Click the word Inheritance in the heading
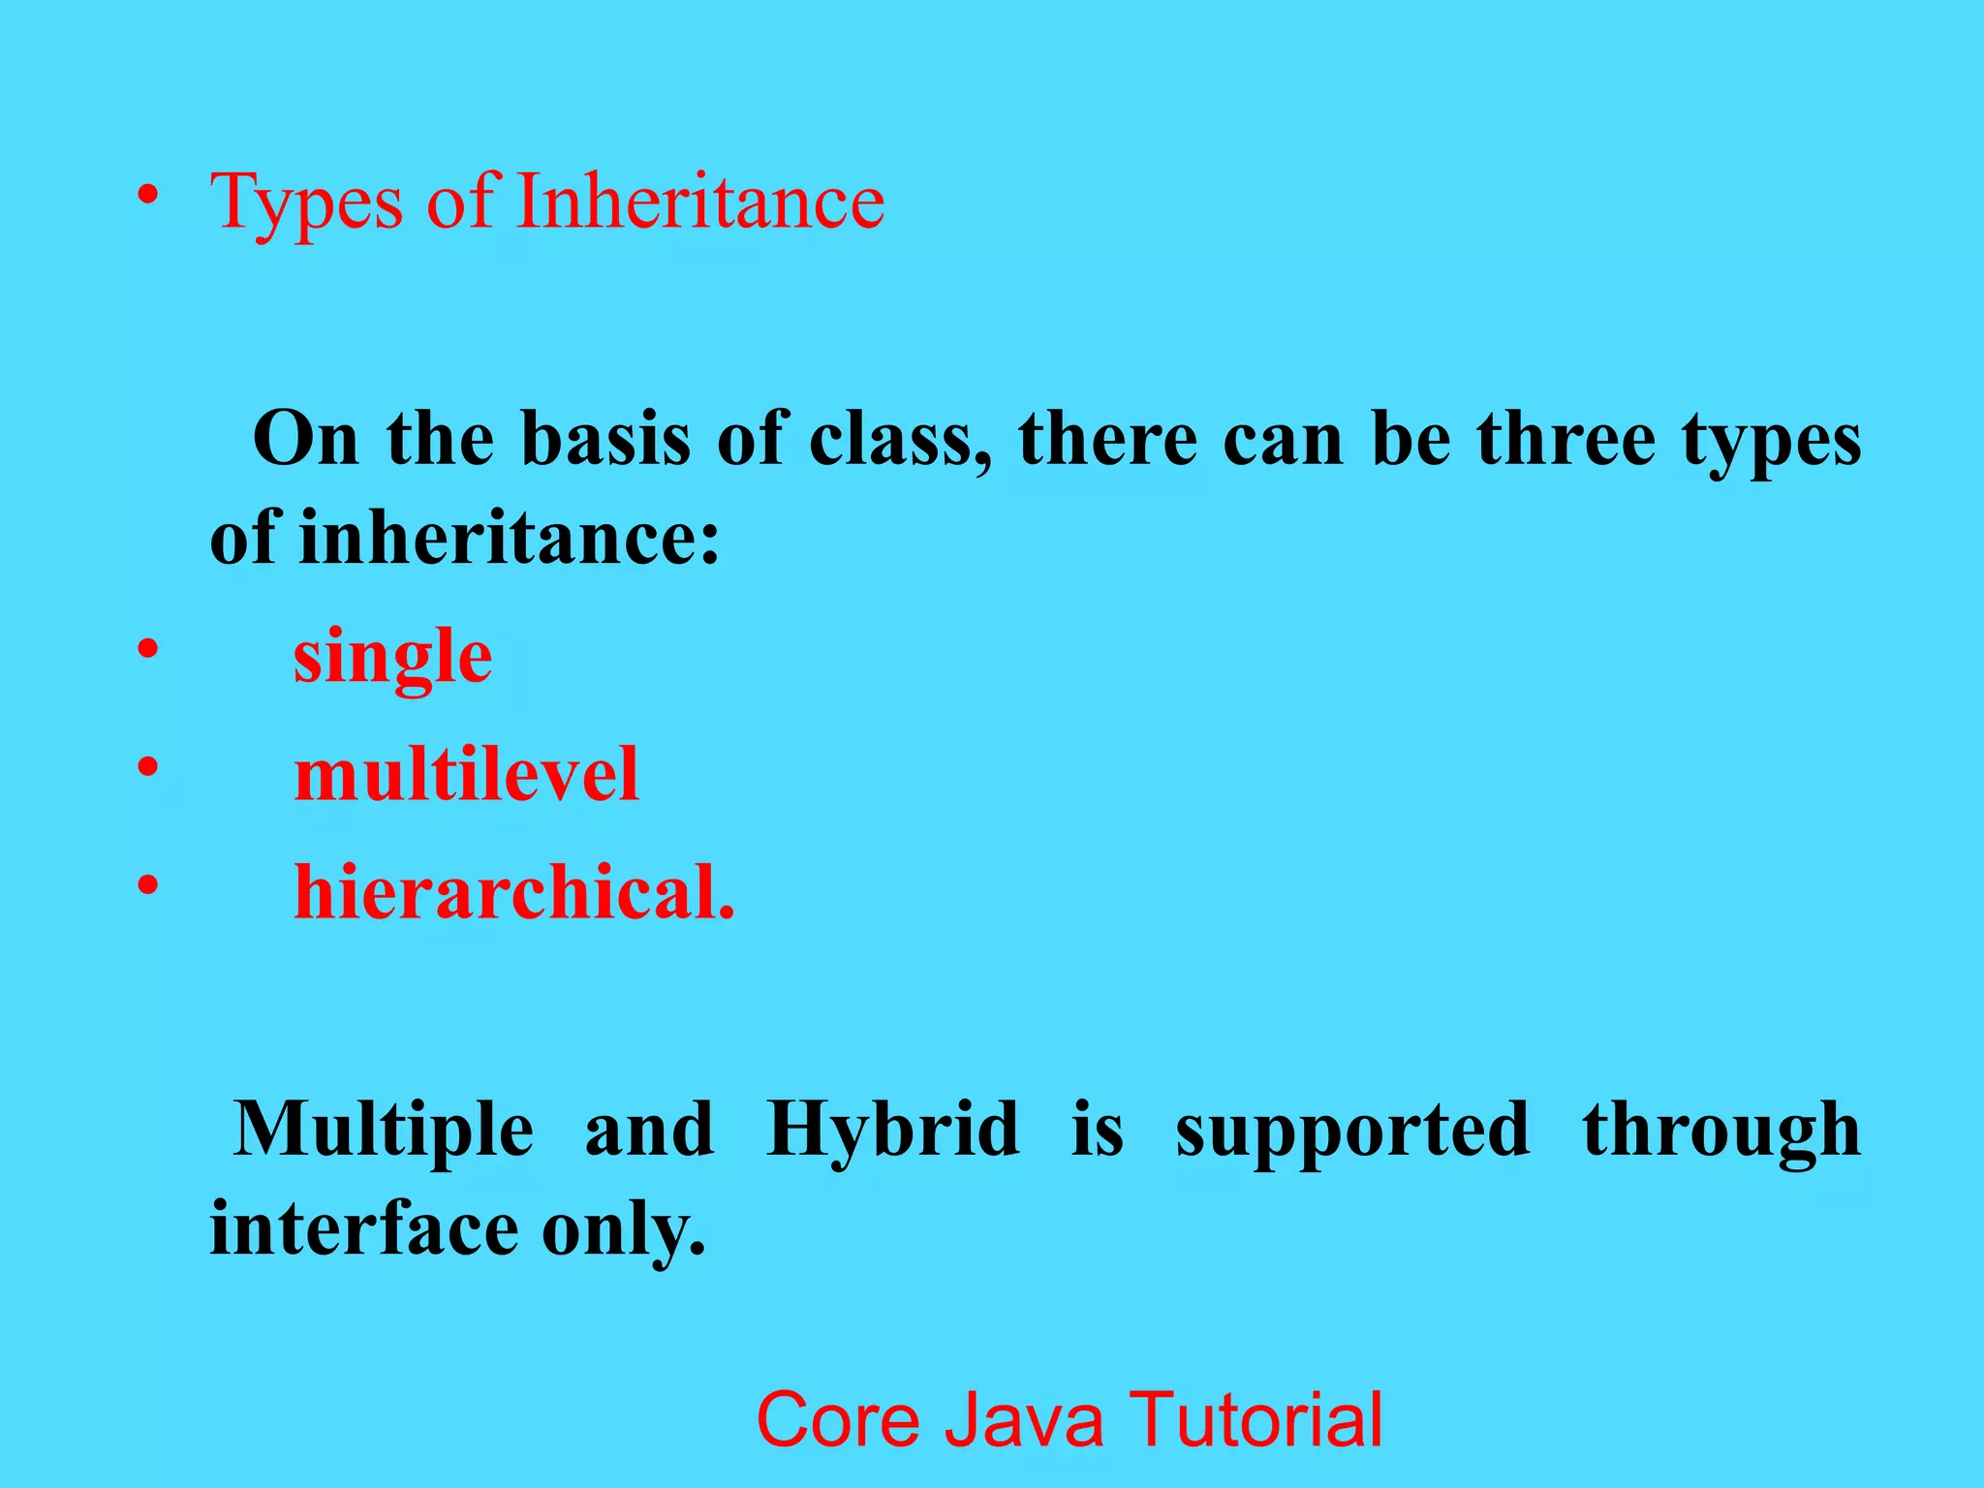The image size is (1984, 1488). pos(700,201)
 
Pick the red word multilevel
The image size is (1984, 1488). pos(466,775)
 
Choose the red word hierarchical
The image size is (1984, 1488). pos(514,892)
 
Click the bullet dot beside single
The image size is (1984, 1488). pos(147,650)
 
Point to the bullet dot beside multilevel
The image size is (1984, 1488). pos(147,768)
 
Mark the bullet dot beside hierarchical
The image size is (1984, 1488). pos(147,885)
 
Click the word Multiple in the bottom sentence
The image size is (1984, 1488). pos(384,1131)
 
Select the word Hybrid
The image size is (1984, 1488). pos(892,1131)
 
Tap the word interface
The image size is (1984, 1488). pos(364,1228)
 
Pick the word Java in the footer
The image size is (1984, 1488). pos(1024,1419)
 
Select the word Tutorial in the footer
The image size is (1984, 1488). pos(1256,1419)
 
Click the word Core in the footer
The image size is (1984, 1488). pos(837,1419)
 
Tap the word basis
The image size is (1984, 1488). pos(605,439)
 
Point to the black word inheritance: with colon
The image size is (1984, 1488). pos(510,538)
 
